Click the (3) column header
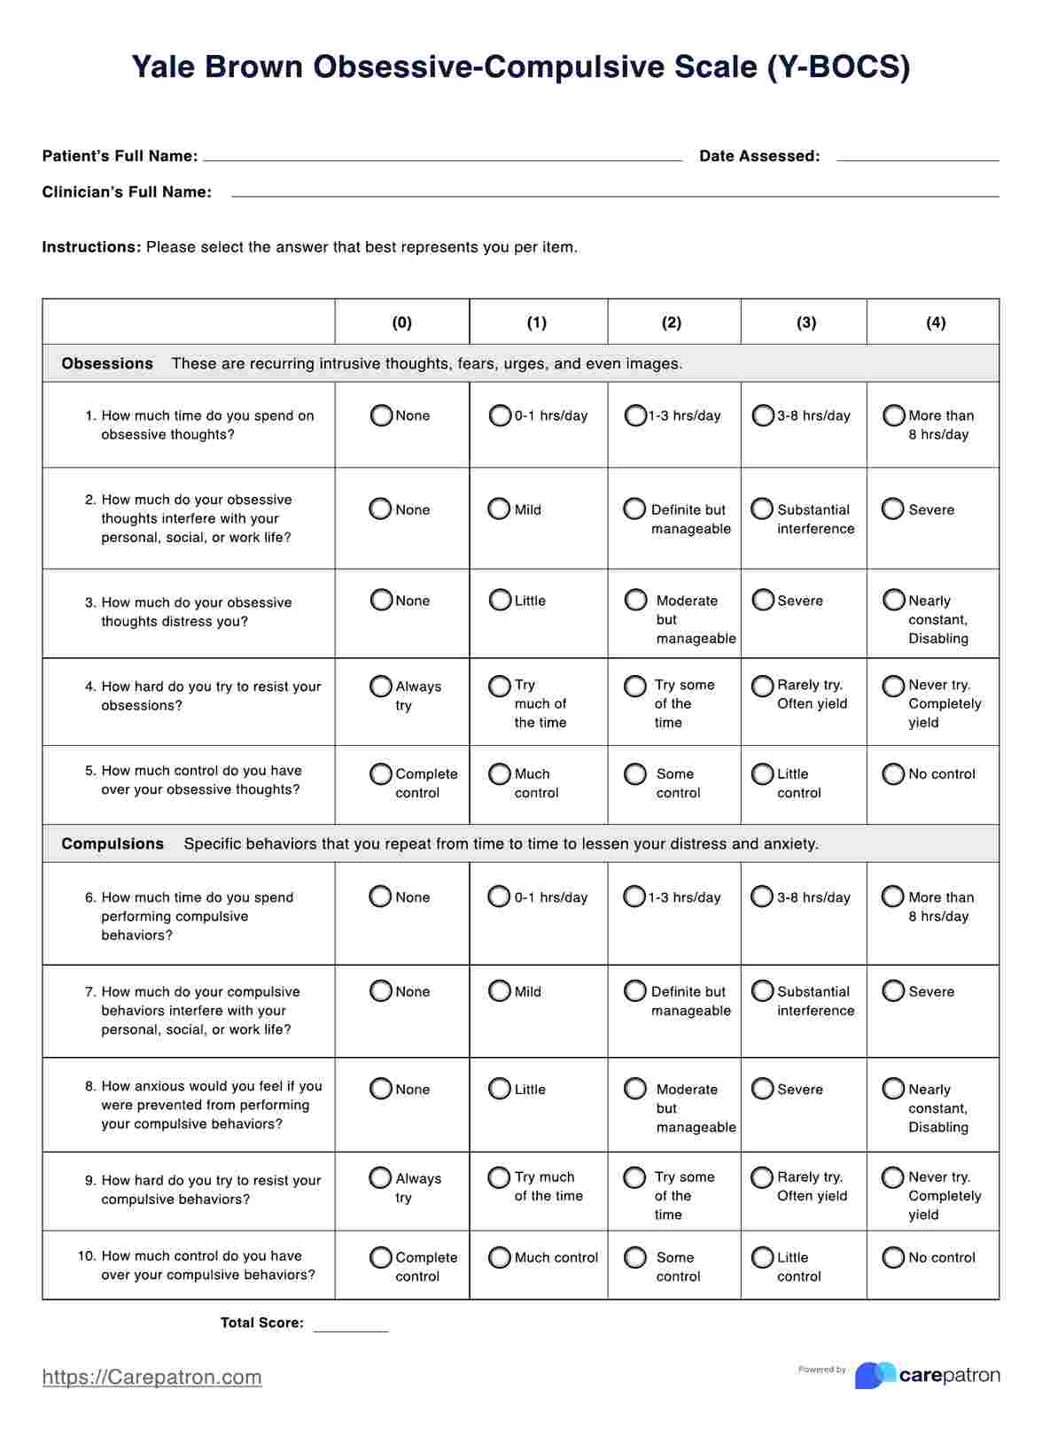(805, 322)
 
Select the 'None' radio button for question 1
(382, 415)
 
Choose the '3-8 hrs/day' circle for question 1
(763, 415)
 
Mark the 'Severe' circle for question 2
(893, 509)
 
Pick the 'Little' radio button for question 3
(501, 601)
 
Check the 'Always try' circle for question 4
(381, 687)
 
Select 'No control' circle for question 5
(893, 774)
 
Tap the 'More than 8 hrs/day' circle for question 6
(893, 897)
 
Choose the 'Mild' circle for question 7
(500, 991)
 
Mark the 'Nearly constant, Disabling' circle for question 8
(893, 1089)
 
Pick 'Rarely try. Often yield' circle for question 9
(762, 1177)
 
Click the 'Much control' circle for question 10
(500, 1257)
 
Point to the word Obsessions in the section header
(107, 363)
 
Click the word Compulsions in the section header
(113, 843)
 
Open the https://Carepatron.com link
(152, 1377)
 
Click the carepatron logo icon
(875, 1375)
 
